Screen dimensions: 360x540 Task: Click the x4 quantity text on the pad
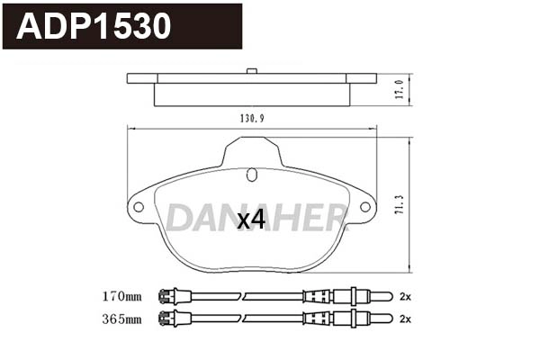(251, 220)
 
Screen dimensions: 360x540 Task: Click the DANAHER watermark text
(256, 216)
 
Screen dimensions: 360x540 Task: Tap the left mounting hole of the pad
(139, 207)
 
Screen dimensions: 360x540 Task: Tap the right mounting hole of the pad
(365, 207)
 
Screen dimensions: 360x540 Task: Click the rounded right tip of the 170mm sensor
(387, 295)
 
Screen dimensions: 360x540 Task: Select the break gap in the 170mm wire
(245, 295)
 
